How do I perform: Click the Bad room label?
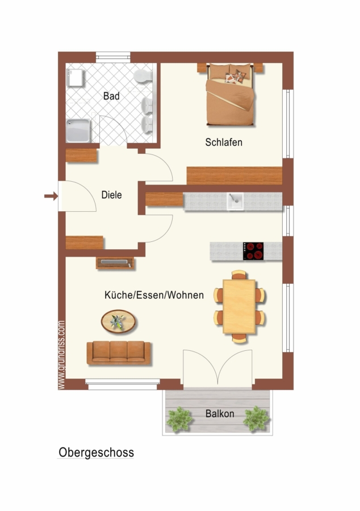(x=111, y=96)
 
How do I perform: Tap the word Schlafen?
(x=224, y=143)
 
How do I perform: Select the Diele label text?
(x=112, y=195)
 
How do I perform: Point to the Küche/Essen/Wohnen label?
(x=154, y=295)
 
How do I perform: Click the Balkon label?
(x=220, y=413)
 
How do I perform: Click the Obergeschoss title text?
(x=96, y=453)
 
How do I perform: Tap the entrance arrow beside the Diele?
(x=51, y=196)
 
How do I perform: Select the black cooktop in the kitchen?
(x=253, y=252)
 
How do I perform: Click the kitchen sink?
(x=235, y=202)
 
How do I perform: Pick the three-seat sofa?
(x=119, y=353)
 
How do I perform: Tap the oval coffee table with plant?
(x=118, y=322)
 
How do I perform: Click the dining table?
(x=239, y=307)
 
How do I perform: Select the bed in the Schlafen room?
(x=230, y=94)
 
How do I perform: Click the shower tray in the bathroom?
(x=78, y=131)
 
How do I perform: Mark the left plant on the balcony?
(x=179, y=419)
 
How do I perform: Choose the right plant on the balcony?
(x=257, y=419)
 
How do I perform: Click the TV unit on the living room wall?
(x=115, y=263)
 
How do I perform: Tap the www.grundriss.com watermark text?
(x=61, y=355)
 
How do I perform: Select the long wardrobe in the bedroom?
(x=235, y=175)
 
